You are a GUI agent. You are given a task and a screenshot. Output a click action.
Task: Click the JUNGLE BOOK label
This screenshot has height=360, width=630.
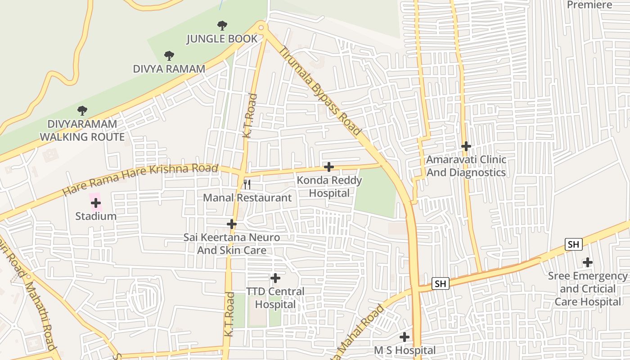222,39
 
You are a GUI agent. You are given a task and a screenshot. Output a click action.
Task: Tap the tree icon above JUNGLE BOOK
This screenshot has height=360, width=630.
222,26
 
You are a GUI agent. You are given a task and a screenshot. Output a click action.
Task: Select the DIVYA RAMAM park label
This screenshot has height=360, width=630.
169,69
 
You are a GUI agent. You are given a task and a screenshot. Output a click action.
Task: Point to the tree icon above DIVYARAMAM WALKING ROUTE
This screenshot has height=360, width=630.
82,110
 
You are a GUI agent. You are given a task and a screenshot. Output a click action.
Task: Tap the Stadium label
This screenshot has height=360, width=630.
96,216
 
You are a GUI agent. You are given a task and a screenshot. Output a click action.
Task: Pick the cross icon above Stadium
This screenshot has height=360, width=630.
95,203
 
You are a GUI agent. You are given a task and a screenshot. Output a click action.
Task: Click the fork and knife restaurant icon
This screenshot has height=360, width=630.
247,184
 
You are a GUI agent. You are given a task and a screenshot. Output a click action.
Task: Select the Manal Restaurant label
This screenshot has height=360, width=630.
247,198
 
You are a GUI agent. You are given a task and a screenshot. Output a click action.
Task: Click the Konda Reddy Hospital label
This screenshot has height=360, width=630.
329,187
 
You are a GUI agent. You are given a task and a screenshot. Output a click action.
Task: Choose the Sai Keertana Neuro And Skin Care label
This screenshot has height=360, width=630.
231,243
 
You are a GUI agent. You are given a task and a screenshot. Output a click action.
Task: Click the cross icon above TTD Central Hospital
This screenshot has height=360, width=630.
275,279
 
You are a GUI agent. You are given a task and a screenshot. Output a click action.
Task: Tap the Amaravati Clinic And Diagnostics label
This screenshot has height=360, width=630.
466,166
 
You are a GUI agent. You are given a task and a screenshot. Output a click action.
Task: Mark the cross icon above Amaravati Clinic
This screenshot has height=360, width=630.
466,146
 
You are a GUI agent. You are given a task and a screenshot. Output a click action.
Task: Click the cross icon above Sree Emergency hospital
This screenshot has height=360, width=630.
587,262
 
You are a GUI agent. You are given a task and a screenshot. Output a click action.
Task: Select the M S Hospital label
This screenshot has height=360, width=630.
405,350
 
